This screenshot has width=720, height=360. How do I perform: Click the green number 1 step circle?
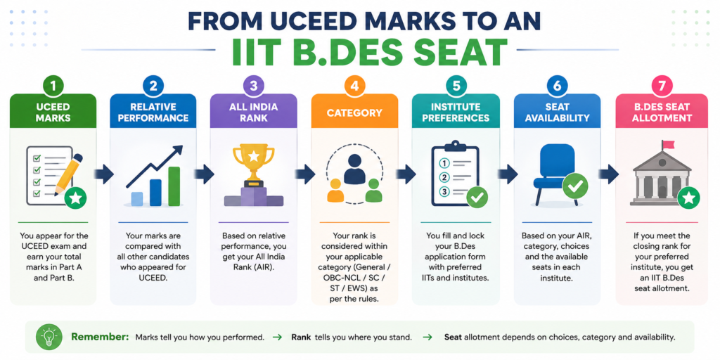click(53, 86)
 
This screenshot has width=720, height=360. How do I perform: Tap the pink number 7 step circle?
click(662, 86)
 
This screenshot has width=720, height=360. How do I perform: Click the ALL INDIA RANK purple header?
click(253, 111)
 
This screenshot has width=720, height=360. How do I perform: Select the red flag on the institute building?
click(668, 144)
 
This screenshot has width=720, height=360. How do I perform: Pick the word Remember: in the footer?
click(100, 337)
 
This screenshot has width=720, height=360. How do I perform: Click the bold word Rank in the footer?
click(300, 337)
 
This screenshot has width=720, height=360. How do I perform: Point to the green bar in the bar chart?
click(174, 186)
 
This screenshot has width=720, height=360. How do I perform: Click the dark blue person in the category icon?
click(354, 168)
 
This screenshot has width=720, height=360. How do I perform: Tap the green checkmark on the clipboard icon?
click(477, 198)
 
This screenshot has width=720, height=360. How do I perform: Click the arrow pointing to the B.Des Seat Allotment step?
click(608, 174)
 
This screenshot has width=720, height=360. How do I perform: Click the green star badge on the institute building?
click(689, 198)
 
